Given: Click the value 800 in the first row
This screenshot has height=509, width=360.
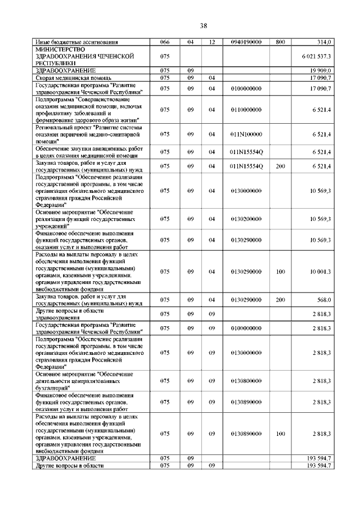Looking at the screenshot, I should pyautogui.click(x=281, y=42).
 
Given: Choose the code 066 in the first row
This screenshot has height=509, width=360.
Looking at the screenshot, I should pyautogui.click(x=164, y=42).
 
